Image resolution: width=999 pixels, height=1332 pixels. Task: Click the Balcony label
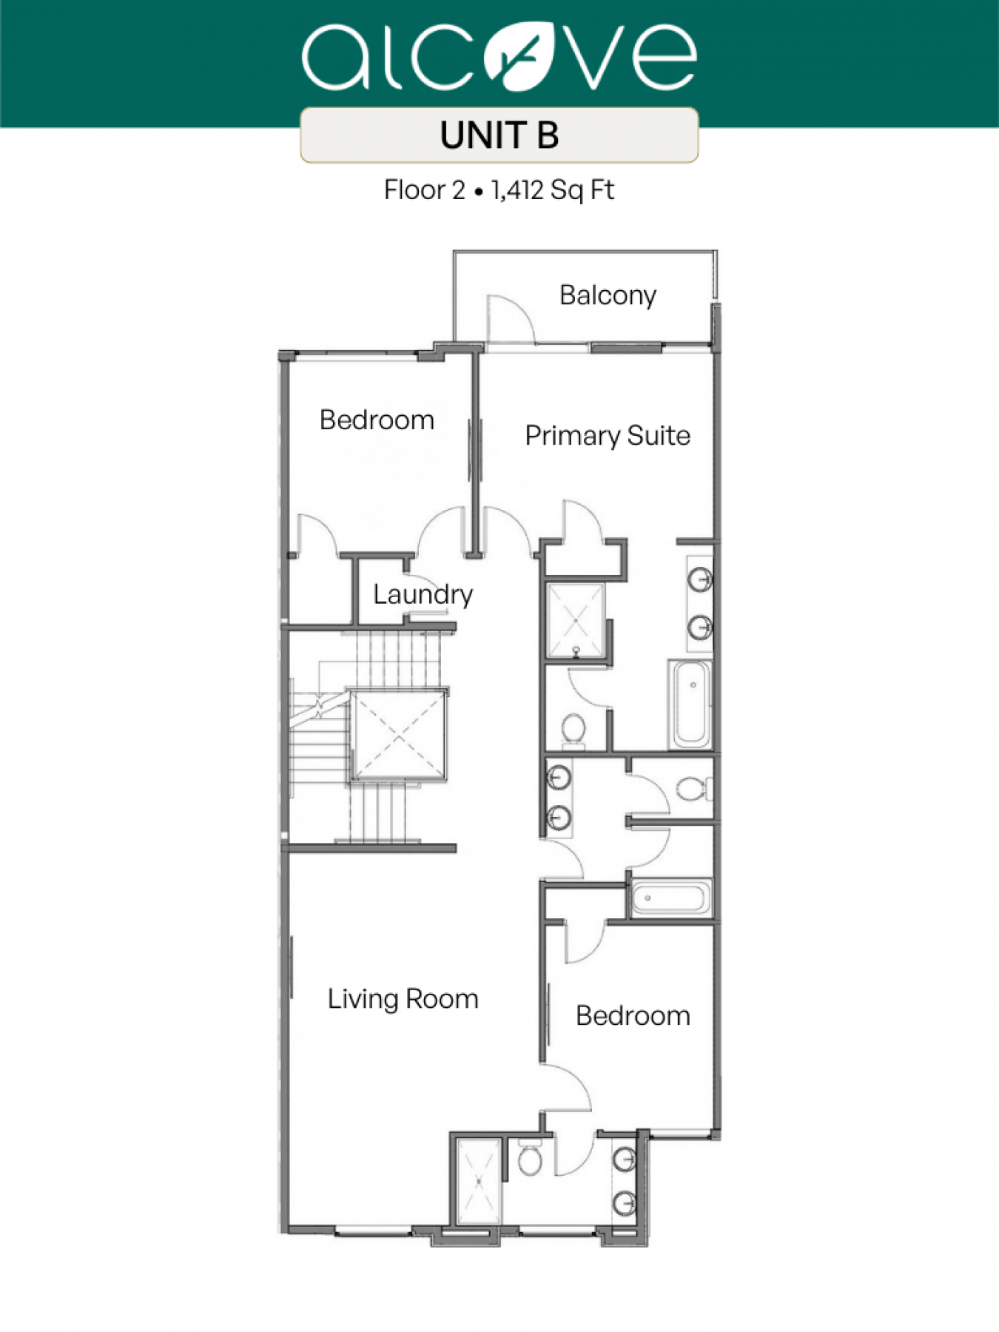(x=608, y=295)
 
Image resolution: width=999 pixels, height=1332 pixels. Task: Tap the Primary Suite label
(x=608, y=436)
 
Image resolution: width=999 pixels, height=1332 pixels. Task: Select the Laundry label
(x=423, y=594)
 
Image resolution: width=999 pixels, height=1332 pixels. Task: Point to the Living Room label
(x=403, y=999)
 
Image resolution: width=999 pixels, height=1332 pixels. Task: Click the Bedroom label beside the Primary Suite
(x=377, y=420)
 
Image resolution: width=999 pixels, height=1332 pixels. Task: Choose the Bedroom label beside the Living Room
(x=633, y=1016)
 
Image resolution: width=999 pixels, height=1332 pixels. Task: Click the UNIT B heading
(x=499, y=135)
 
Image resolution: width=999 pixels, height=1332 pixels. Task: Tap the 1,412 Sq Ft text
(x=553, y=190)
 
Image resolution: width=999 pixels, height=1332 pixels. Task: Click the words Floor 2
(x=424, y=190)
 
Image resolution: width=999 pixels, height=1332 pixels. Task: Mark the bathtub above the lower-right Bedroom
(x=670, y=898)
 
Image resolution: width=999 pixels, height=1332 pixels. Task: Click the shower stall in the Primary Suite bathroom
(x=576, y=620)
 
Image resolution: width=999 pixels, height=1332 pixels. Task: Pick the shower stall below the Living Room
(x=480, y=1183)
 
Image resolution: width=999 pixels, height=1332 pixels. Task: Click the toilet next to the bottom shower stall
(x=530, y=1157)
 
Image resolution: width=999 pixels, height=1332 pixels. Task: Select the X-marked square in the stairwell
(x=399, y=735)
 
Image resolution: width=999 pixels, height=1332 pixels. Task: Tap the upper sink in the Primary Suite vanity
(x=700, y=579)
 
